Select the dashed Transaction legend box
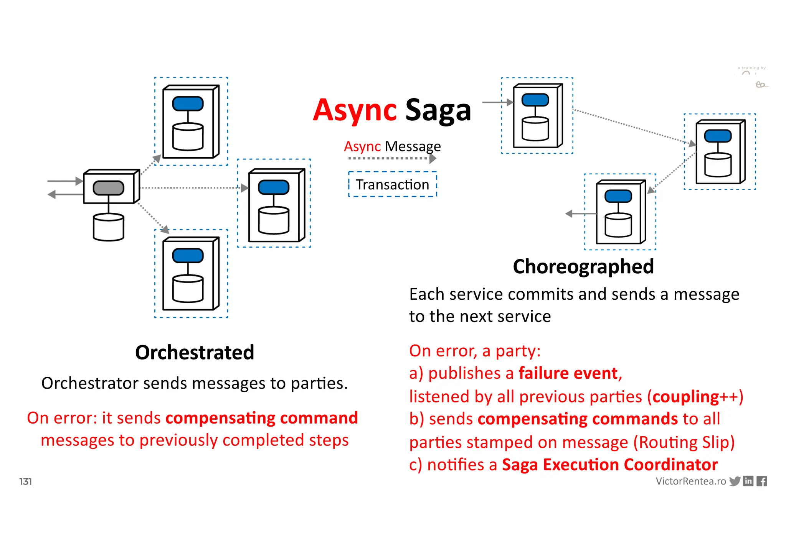[x=392, y=184]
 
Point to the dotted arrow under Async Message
[x=392, y=158]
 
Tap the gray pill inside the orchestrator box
[x=109, y=188]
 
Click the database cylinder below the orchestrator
[x=109, y=227]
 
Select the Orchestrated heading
[x=195, y=352]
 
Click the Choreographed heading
[x=583, y=266]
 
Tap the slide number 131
[x=26, y=481]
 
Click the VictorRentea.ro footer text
[x=690, y=481]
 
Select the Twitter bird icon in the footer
[x=735, y=481]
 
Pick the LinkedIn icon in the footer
[x=748, y=481]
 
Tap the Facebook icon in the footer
[x=762, y=481]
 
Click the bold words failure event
[x=568, y=373]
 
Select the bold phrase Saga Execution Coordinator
[x=609, y=465]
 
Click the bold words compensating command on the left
[x=261, y=418]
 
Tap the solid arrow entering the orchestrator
[x=64, y=181]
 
